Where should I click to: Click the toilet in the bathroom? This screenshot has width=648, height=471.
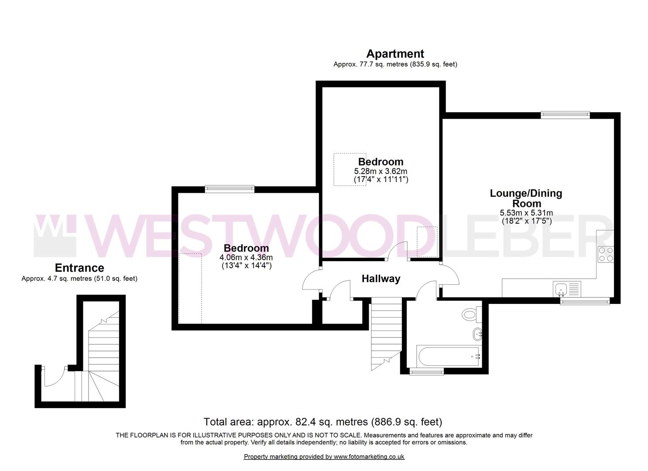pyautogui.click(x=472, y=314)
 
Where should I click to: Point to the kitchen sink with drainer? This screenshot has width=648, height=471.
pyautogui.click(x=567, y=289)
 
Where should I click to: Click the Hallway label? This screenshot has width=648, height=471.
pyautogui.click(x=381, y=279)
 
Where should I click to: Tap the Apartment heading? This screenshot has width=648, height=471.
pyautogui.click(x=395, y=54)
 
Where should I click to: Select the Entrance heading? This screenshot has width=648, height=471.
pyautogui.click(x=79, y=268)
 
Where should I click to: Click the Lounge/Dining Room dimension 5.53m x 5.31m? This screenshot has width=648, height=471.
pyautogui.click(x=526, y=213)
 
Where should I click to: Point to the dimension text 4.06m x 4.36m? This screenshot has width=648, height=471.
pyautogui.click(x=246, y=257)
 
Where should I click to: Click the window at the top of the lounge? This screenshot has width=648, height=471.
pyautogui.click(x=565, y=115)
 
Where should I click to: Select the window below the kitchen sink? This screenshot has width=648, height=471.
pyautogui.click(x=585, y=301)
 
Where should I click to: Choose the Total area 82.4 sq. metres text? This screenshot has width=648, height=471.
pyautogui.click(x=323, y=422)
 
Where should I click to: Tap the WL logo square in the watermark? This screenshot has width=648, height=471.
pyautogui.click(x=55, y=235)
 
